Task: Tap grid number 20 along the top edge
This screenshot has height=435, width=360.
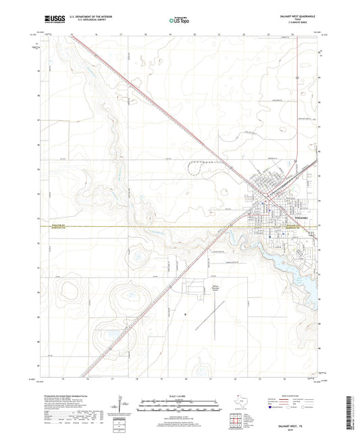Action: point(194,32)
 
